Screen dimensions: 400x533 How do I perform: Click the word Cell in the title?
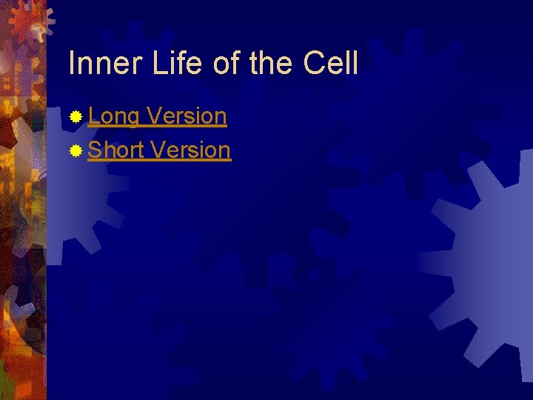tap(331, 64)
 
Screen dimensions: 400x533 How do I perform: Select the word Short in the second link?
tap(115, 150)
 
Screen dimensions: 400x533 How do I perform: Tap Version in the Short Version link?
tap(190, 150)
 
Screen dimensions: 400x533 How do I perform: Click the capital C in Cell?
tap(314, 64)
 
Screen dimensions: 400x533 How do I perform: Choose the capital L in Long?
tap(93, 116)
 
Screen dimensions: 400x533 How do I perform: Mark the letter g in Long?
tap(133, 119)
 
